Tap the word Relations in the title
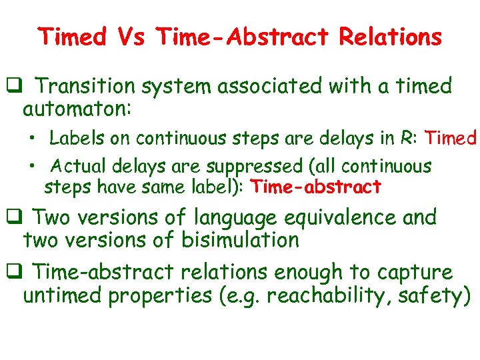coord(390,37)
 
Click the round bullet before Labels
coord(32,139)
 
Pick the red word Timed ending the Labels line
coord(451,138)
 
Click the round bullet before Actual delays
coord(32,166)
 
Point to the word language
coord(237,217)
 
